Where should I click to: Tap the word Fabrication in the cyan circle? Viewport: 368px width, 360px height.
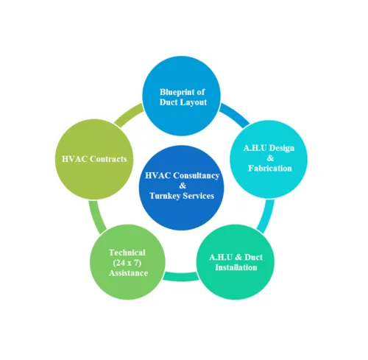tap(270, 169)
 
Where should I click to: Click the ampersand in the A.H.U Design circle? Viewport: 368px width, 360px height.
tap(270, 158)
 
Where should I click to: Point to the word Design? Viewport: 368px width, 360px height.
tap(281, 148)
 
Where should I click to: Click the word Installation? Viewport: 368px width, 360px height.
tap(236, 267)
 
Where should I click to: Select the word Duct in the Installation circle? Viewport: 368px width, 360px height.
tap(254, 257)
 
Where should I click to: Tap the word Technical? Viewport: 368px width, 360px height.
tap(127, 253)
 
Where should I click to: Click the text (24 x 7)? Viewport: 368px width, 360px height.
tap(127, 263)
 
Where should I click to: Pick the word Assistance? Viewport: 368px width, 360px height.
tap(128, 273)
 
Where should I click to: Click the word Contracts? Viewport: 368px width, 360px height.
tap(108, 159)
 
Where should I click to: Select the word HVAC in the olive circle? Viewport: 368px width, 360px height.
tap(74, 159)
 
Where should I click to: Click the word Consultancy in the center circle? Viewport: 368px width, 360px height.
tap(197, 176)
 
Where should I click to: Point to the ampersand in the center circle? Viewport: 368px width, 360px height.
tap(183, 186)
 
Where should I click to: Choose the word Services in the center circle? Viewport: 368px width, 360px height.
tap(199, 196)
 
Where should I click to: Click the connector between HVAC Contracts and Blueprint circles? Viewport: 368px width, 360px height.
tap(129, 114)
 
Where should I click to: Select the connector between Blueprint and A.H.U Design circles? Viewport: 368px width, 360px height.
tap(235, 115)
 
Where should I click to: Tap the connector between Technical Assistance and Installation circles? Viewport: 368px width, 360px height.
tap(181, 276)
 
